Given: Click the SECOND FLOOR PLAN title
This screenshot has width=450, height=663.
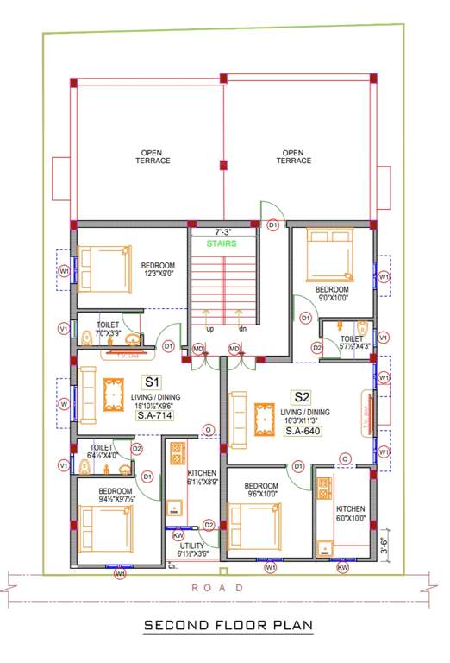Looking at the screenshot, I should coord(228,624).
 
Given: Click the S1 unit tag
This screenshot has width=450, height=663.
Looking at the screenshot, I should coord(153,381).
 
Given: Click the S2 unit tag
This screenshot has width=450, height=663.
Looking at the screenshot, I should coord(301,397).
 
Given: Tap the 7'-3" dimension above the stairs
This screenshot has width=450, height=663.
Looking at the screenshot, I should coord(223,232).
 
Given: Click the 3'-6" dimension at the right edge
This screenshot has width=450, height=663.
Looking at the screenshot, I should coord(383,546).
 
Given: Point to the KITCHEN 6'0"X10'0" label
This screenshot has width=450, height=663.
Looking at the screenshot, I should coord(351,513).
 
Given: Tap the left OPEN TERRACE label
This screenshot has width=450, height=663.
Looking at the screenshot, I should coord(153,157).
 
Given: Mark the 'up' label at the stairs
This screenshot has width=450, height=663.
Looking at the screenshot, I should coord(209,328).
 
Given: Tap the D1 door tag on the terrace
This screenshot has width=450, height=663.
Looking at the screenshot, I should coord(273,224).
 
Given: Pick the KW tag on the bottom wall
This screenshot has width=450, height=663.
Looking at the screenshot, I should coord(343,569).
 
